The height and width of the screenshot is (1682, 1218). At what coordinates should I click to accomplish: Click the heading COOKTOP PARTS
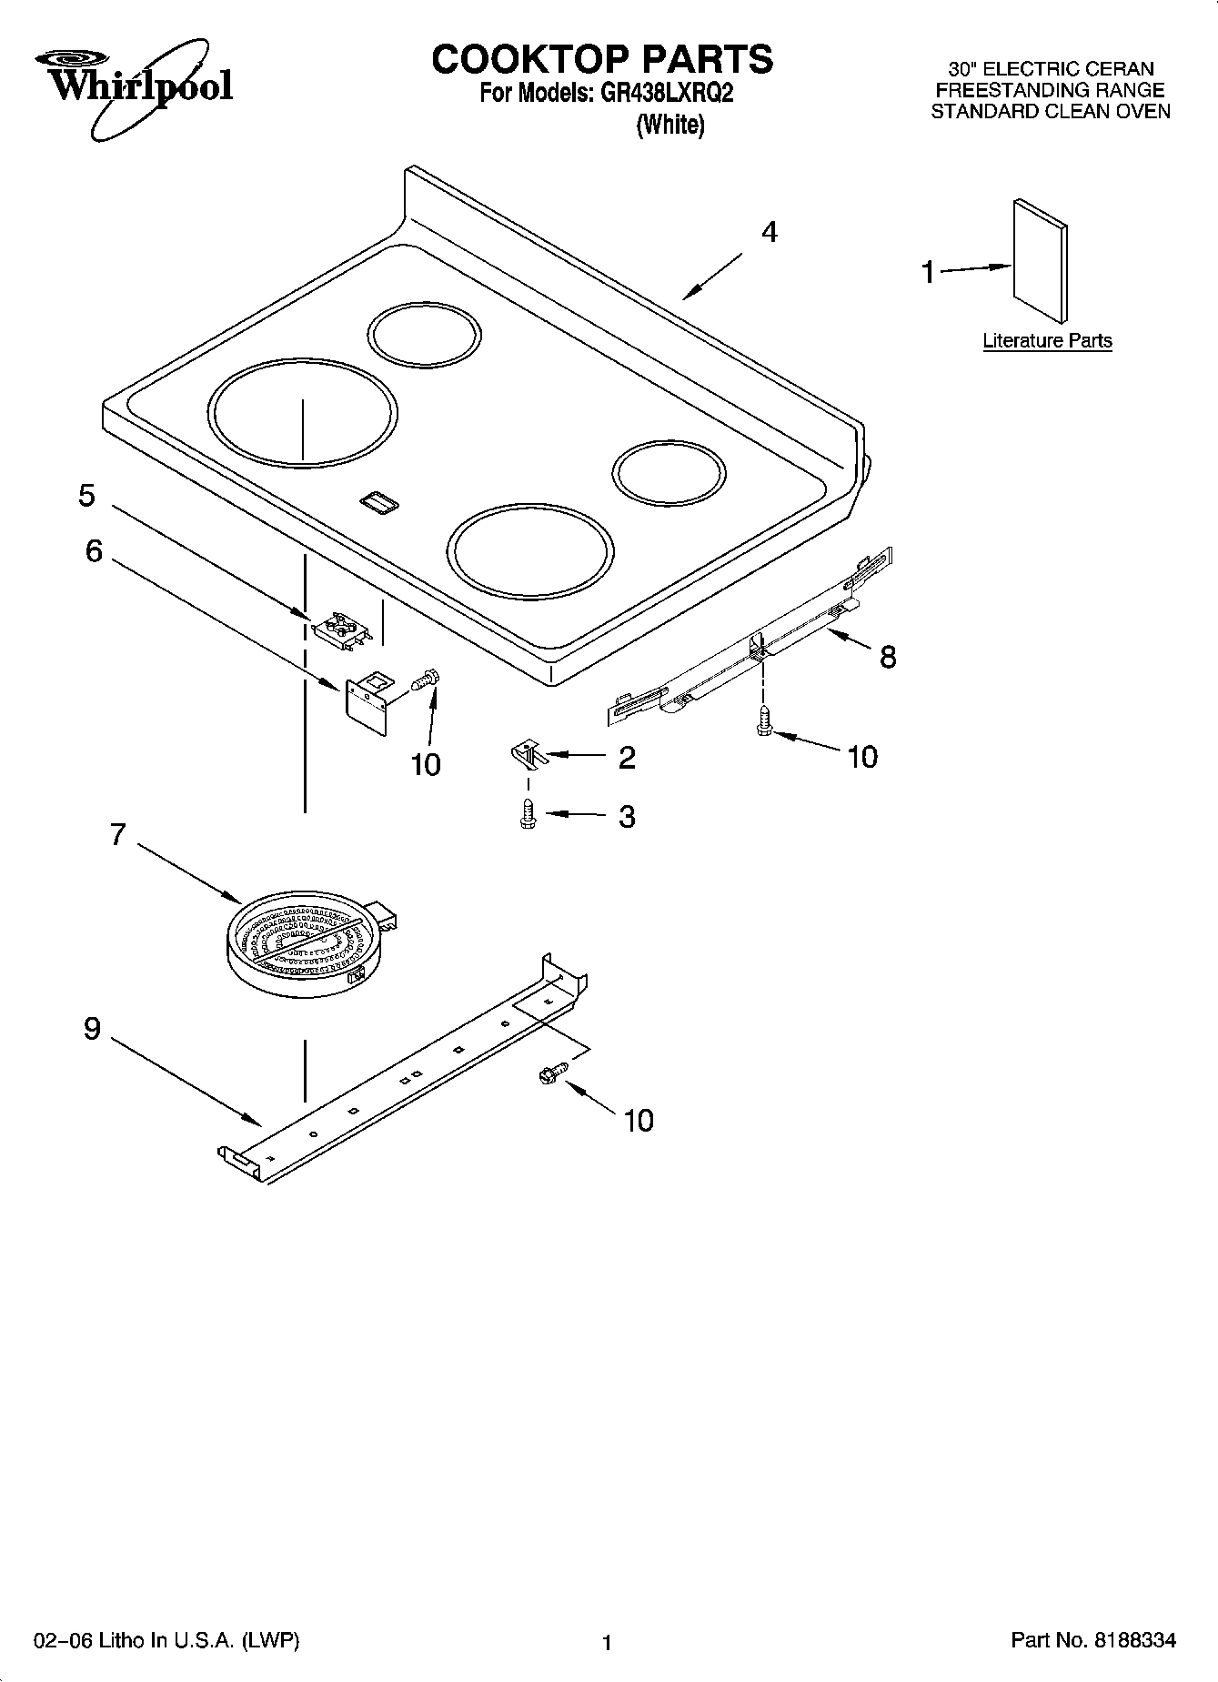(x=601, y=59)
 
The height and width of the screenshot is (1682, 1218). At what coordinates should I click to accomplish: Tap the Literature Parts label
(x=1047, y=340)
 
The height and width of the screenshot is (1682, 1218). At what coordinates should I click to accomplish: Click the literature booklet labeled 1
(x=1040, y=261)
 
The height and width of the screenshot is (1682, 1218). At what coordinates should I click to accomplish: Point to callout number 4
(x=769, y=233)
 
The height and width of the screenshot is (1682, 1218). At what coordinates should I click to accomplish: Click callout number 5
(x=86, y=496)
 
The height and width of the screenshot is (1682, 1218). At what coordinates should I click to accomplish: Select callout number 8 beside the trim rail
(x=887, y=656)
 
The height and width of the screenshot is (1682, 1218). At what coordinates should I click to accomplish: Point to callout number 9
(x=92, y=1029)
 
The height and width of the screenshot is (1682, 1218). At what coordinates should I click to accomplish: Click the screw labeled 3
(x=527, y=814)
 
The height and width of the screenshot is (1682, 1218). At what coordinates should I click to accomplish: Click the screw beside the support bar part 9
(x=549, y=1074)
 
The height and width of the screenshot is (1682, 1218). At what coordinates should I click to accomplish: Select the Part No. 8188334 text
(x=1092, y=1640)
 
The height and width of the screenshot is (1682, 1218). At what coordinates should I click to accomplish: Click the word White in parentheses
(x=670, y=125)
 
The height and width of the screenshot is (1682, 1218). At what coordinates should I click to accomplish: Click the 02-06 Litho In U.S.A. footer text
(x=166, y=1640)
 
